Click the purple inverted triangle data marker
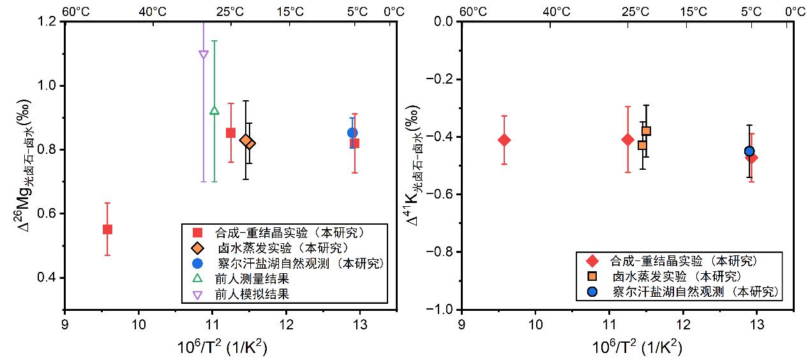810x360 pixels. click(204, 55)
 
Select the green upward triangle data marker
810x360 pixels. click(214, 110)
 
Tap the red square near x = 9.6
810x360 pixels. click(107, 229)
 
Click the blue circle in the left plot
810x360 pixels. click(352, 133)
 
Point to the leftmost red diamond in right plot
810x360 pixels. click(504, 140)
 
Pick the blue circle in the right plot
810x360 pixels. click(749, 151)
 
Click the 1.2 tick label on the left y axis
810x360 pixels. click(47, 22)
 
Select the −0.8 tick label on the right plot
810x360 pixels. click(439, 252)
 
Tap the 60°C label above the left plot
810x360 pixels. click(75, 11)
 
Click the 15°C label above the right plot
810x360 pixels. click(694, 11)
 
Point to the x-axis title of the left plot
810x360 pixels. click(222, 347)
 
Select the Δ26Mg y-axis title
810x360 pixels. click(24, 165)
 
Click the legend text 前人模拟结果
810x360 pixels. click(252, 294)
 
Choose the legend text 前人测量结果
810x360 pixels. click(252, 279)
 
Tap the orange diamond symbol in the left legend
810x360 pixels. click(197, 248)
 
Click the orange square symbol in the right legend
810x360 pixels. click(592, 276)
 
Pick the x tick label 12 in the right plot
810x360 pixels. click(683, 325)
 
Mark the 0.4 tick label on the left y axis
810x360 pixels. click(47, 278)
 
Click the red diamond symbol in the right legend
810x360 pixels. click(592, 260)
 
